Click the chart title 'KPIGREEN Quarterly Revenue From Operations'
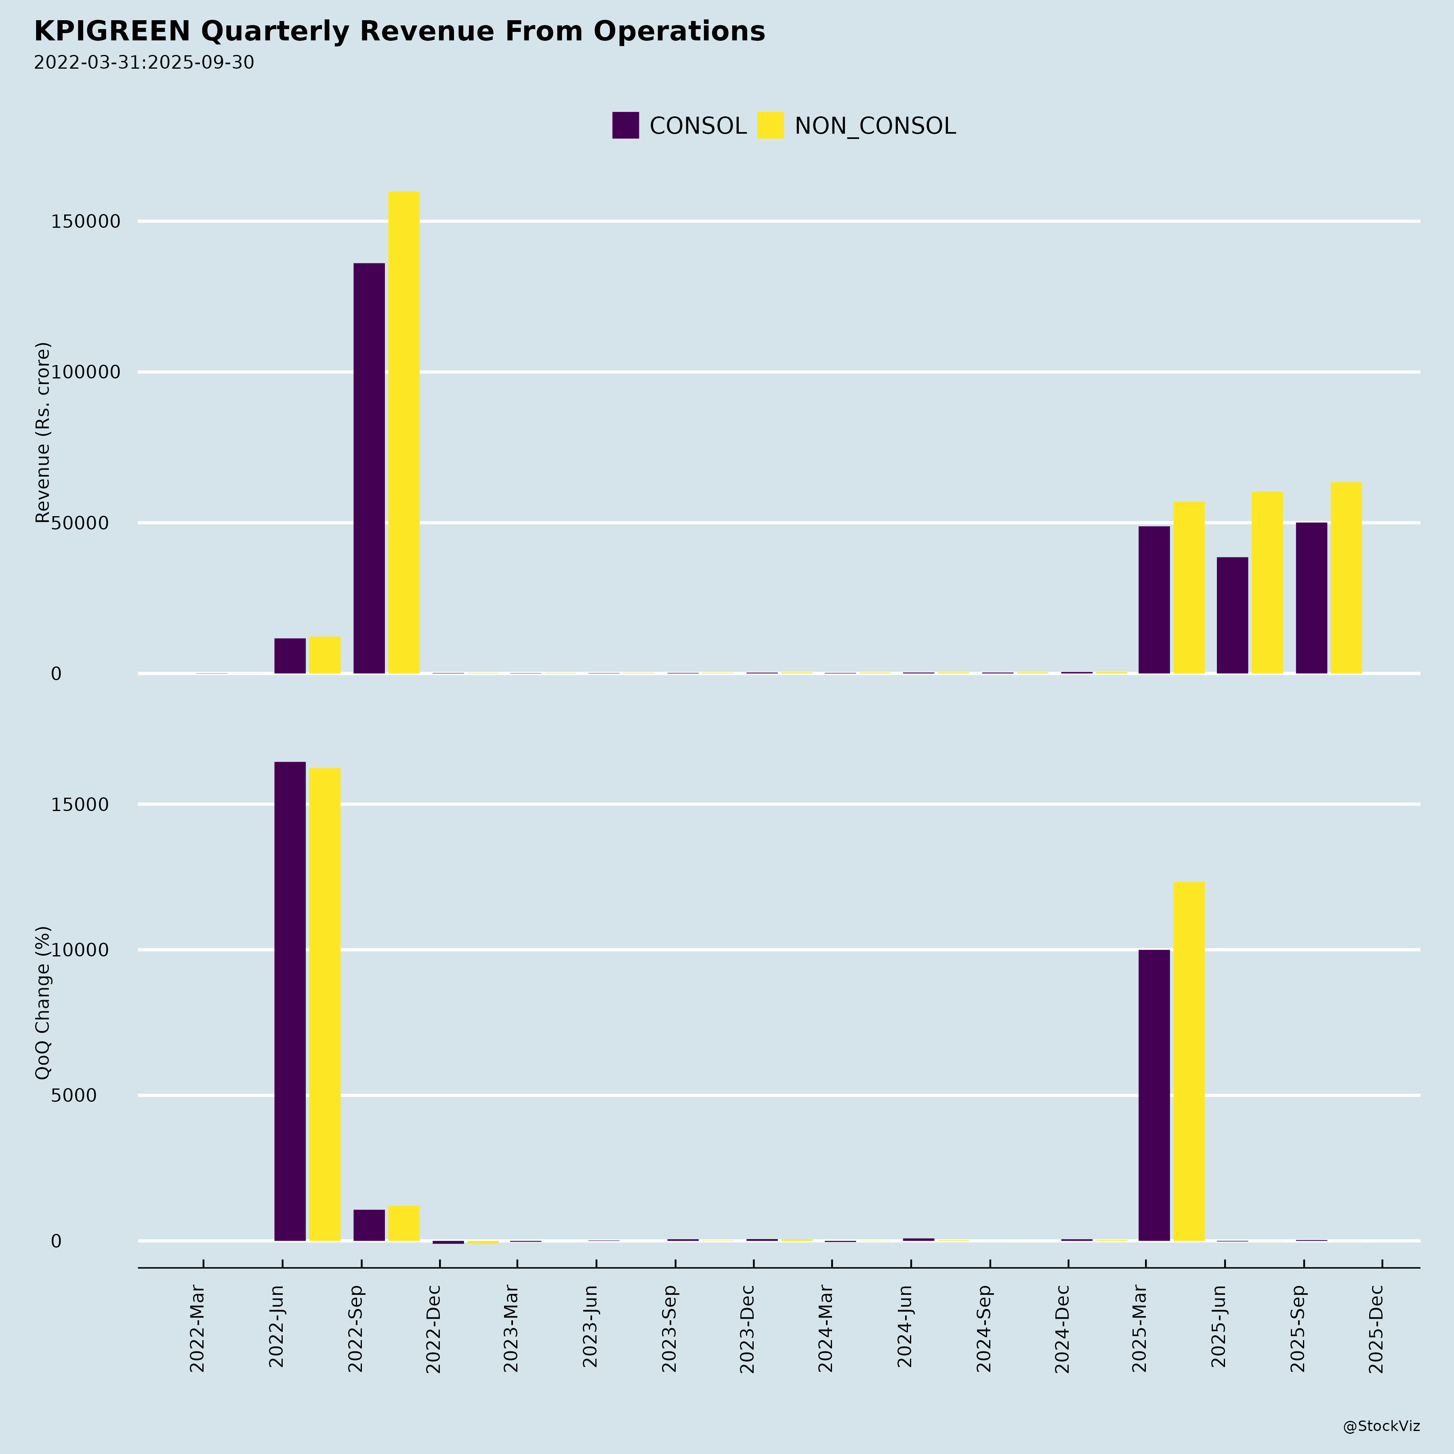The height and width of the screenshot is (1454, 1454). tap(399, 32)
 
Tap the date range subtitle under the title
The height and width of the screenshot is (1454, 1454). tap(144, 63)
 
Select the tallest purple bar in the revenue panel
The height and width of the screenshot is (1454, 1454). tap(369, 468)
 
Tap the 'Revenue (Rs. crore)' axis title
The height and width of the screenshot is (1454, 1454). tap(43, 432)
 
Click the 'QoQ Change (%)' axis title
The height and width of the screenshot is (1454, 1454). tap(43, 1002)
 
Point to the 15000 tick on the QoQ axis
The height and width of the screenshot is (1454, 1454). tap(80, 805)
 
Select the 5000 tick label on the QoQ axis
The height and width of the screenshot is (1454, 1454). tap(74, 1095)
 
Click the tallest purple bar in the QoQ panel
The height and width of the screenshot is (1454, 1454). tap(290, 1001)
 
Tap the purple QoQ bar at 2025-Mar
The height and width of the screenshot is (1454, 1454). tap(1154, 1095)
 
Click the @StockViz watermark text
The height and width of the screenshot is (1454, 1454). tap(1381, 1426)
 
